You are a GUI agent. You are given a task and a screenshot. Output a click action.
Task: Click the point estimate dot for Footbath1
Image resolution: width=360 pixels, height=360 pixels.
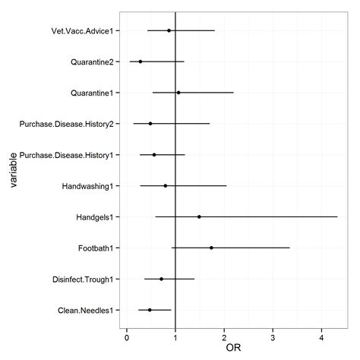(x=211, y=248)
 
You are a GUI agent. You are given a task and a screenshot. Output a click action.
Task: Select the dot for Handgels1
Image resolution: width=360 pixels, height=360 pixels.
(x=199, y=216)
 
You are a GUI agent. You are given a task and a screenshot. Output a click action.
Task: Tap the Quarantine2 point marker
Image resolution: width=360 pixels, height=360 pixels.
(x=141, y=62)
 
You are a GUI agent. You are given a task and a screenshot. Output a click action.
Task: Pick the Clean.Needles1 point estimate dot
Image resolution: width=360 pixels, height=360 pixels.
(x=150, y=310)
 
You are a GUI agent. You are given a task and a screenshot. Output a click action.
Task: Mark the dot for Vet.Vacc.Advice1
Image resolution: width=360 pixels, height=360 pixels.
(x=169, y=30)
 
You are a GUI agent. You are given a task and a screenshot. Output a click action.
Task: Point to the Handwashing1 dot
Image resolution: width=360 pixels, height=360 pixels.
(x=166, y=185)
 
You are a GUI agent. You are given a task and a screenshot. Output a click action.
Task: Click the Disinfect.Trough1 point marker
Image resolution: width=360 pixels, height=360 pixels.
(x=161, y=279)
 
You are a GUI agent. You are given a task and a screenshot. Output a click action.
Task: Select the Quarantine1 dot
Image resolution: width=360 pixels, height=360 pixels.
(x=178, y=93)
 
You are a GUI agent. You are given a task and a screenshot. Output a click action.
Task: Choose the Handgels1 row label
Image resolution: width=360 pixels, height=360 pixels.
(x=95, y=217)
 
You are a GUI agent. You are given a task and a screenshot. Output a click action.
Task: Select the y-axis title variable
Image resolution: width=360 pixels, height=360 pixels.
(x=13, y=170)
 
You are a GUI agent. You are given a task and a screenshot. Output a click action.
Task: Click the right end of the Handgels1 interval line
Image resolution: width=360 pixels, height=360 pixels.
(x=337, y=216)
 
